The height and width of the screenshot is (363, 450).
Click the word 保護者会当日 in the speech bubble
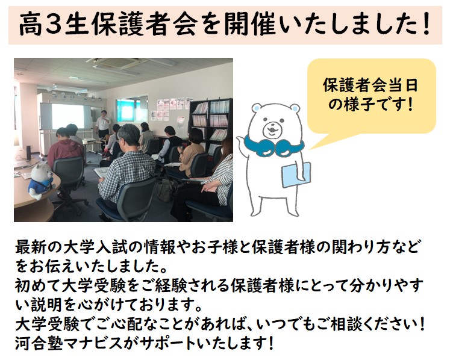coord(370,85)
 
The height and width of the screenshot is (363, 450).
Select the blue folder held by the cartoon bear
coord(296,175)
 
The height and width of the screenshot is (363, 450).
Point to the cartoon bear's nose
coord(271,128)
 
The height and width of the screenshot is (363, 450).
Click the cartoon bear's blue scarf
coord(273,146)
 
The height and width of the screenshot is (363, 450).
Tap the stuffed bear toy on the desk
coord(41,181)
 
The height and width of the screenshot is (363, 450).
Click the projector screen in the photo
coord(67,116)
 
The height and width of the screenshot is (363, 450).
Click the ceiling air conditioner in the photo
coord(120,62)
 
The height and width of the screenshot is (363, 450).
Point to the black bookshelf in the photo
coord(211,126)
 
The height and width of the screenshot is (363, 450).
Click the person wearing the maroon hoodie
coord(64,147)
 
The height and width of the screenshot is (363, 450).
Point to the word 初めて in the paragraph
coord(38,285)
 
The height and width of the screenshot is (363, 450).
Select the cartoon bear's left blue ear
coord(256,108)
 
